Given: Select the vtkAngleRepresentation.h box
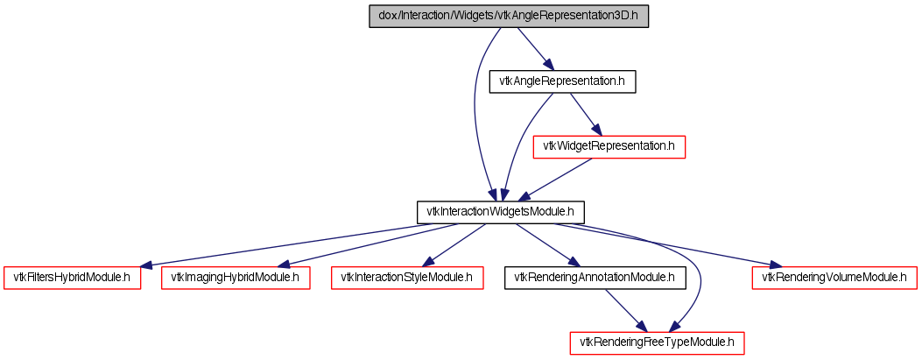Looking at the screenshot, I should point(561,81).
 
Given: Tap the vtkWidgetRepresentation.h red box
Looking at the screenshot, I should point(609,146).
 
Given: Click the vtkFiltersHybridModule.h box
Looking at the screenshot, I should point(72,278).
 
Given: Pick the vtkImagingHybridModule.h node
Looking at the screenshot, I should point(235,278).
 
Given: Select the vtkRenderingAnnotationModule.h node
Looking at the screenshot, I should point(595,278).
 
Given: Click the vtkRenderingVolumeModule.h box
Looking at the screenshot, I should point(834,278).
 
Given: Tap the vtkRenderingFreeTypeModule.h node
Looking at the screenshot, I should point(658,342).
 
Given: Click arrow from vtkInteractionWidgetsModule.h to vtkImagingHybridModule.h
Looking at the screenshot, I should point(368,244).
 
